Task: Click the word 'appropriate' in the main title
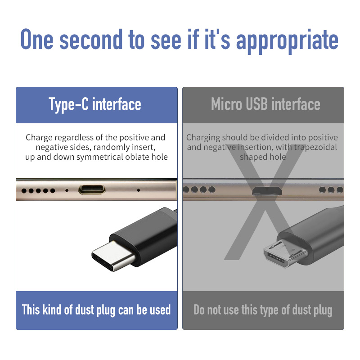tap(287, 41)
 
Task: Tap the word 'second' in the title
tap(91, 39)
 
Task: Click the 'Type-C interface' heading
tap(95, 105)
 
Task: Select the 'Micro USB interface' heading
tap(265, 104)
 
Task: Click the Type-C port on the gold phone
tap(92, 190)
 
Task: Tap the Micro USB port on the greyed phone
tap(267, 191)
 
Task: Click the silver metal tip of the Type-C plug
tap(113, 256)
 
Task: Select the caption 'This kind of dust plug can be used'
tap(96, 310)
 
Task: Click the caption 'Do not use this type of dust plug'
tap(263, 310)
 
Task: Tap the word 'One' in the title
tap(37, 39)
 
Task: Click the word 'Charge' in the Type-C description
tap(39, 138)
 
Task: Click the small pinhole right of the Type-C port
tap(139, 190)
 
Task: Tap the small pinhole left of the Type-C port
tap(67, 190)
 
